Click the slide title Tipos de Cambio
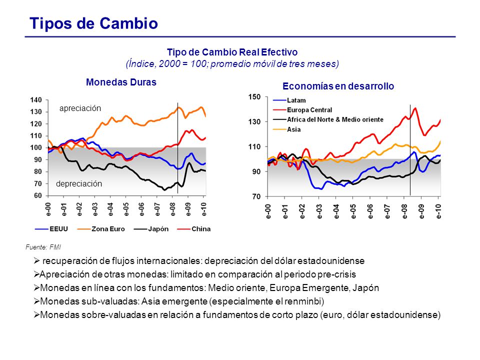[93, 23]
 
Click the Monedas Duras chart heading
[121, 82]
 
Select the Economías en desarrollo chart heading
[338, 86]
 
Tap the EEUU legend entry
[51, 229]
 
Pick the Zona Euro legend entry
[101, 229]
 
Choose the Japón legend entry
[151, 229]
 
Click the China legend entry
[194, 229]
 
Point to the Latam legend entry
[289, 100]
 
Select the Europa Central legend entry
[302, 110]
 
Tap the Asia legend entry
[287, 129]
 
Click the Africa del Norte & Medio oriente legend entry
[328, 119]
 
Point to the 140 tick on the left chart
[36, 100]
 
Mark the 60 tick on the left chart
[37, 195]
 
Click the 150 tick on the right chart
[254, 97]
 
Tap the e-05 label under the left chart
[126, 209]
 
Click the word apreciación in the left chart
[80, 108]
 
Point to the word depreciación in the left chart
[79, 183]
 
